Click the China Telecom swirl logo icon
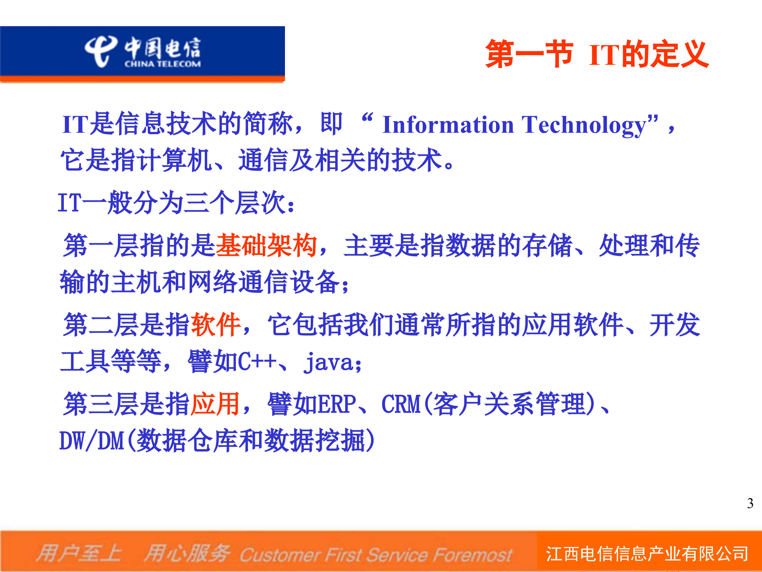click(x=100, y=51)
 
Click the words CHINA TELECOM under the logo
click(x=162, y=64)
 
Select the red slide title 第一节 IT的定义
click(x=597, y=54)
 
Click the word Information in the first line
click(x=448, y=125)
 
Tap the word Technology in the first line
click(x=585, y=125)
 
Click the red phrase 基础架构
click(x=266, y=245)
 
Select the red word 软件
click(x=216, y=325)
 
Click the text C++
click(x=257, y=362)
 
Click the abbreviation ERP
click(x=337, y=404)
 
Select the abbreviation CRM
click(x=401, y=404)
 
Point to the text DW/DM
click(x=92, y=441)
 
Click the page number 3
click(x=750, y=504)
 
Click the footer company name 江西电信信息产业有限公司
click(x=647, y=554)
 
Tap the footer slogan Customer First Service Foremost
click(x=375, y=555)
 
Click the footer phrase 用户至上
click(x=79, y=553)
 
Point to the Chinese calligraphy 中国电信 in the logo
click(x=162, y=48)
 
